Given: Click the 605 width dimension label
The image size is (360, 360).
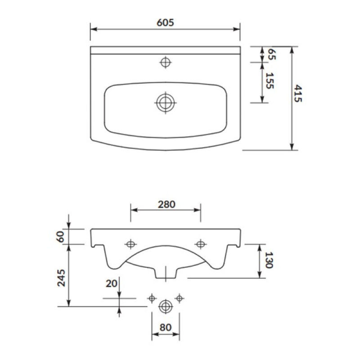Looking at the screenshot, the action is point(165,22).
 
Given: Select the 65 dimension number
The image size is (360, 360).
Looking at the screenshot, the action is point(272,54).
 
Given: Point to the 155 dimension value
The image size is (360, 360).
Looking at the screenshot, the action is point(270,81).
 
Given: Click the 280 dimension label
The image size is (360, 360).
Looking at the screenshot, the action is point(166,204).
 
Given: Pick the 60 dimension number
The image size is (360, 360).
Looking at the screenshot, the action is point(60,237).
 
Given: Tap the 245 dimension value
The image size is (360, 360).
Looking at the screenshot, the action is point(61,278).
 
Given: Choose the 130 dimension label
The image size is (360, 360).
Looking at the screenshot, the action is point(269,260).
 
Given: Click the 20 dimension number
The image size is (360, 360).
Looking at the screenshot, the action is point(112,284).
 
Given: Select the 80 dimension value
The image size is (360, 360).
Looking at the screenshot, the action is point(165,328).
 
